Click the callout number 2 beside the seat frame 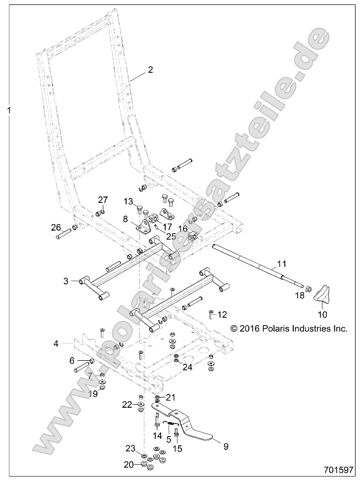(150, 70)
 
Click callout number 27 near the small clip (102, 200)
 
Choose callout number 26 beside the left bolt (56, 228)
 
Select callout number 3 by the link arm (66, 281)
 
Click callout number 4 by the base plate (56, 342)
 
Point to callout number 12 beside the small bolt (222, 314)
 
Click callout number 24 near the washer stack (187, 367)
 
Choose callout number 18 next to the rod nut (300, 295)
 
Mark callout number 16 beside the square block (183, 229)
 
